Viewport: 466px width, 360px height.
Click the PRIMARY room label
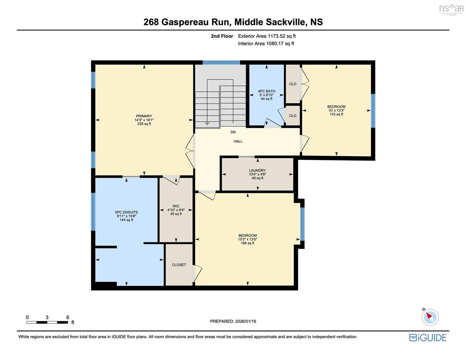pos(144,116)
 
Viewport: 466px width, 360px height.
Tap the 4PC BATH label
pos(266,91)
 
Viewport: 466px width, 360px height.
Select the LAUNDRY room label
pos(257,170)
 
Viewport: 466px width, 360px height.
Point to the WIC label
pos(176,206)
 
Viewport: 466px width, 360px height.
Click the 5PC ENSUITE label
pos(127,212)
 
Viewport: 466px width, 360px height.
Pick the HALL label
pos(238,141)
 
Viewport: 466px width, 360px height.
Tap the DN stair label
pos(233,132)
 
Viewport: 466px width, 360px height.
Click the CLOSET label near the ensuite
pos(179,265)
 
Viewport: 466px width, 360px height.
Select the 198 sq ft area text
pos(247,243)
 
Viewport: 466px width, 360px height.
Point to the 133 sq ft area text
pos(336,114)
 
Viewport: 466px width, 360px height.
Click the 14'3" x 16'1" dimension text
pos(144,120)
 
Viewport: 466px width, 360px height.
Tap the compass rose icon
pos(430,317)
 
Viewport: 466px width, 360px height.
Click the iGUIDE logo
pos(428,338)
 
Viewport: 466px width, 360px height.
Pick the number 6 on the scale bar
pos(68,317)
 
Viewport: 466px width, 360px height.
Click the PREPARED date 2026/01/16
pos(245,321)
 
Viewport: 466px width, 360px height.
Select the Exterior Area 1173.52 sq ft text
pos(267,36)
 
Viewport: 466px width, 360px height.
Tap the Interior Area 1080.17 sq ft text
pos(266,43)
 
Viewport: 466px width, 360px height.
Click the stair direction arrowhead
pos(207,123)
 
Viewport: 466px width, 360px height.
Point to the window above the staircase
pos(221,63)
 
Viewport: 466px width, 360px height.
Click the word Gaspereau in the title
pos(185,22)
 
